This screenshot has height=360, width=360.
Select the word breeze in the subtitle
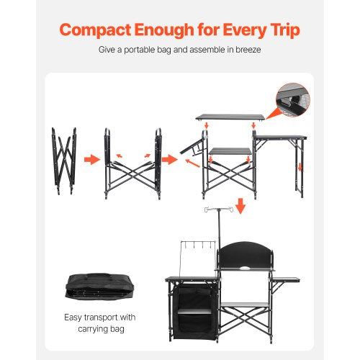[245, 51]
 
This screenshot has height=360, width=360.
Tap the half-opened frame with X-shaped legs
[133, 163]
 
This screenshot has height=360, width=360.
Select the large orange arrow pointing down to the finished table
[240, 206]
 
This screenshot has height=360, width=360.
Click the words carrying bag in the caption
[99, 330]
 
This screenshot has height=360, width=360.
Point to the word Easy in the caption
[73, 317]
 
